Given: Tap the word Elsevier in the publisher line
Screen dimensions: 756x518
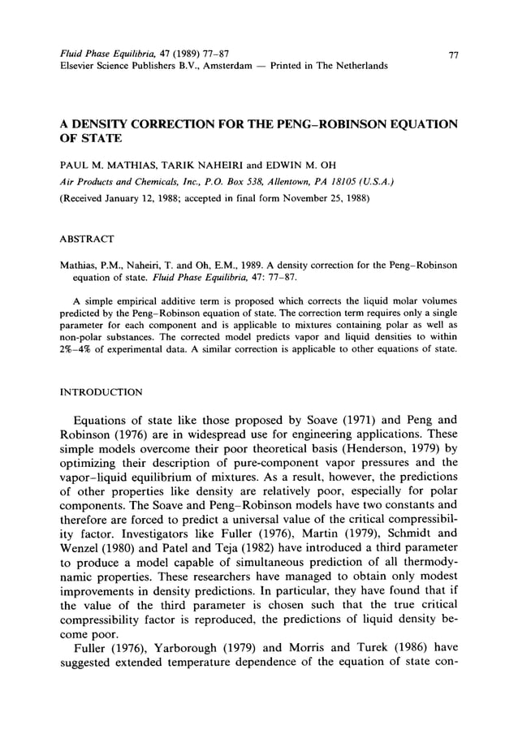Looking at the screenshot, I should tap(80, 65).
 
